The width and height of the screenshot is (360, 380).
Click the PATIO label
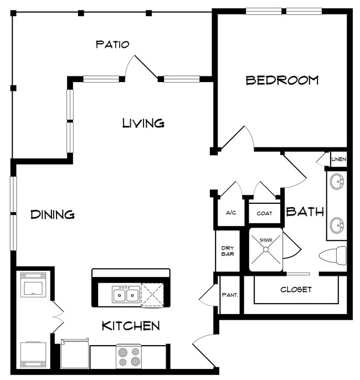pos(112,44)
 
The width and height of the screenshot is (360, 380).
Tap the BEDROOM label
pos(282,80)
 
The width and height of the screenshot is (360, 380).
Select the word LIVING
pos(143,123)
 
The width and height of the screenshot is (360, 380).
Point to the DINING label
pos(53,214)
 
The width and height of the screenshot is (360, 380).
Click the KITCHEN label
pos(131,326)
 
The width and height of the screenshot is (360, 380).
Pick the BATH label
pos(305,212)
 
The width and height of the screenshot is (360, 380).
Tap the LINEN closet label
pos(339,159)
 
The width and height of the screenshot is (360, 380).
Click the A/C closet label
pos(231,213)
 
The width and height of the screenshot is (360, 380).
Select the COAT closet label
pos(264,213)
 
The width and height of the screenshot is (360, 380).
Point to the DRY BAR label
pos(228,251)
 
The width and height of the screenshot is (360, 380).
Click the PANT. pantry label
pos(230,295)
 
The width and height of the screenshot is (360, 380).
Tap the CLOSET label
pos(296,289)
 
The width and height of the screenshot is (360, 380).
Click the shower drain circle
pos(266,249)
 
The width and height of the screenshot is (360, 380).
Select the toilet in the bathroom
pos(333,255)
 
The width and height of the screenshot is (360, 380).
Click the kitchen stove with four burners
pos(128,356)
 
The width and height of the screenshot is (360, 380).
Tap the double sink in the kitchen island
pos(126,294)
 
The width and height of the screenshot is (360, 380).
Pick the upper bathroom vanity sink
pos(337,181)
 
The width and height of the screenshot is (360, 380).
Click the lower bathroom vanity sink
pos(337,225)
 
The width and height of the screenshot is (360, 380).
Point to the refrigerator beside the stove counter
pos(75,354)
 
